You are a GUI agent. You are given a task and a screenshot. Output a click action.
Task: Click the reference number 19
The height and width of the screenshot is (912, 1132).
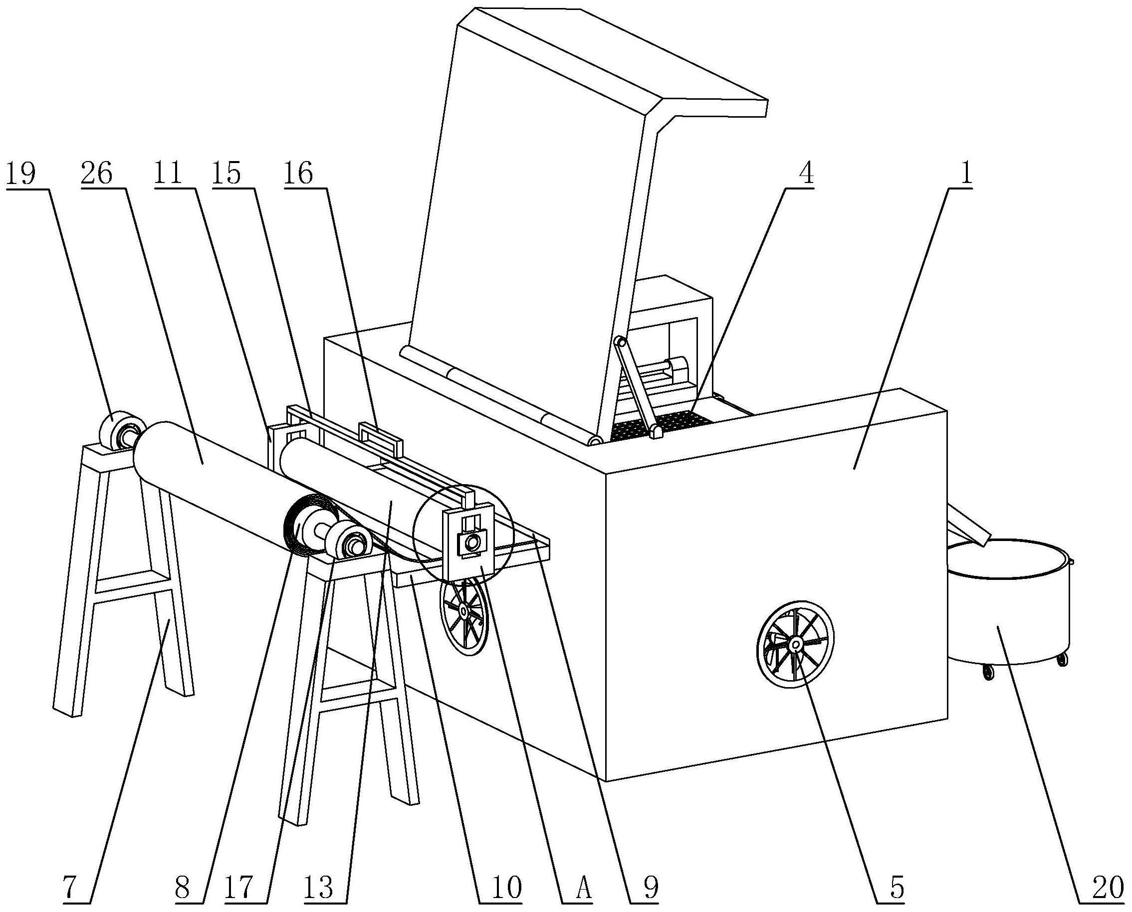[20, 174]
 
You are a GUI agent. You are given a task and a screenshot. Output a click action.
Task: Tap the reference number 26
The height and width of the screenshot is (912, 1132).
[97, 174]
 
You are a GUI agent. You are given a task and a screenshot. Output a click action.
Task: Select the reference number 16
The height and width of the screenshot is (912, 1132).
[298, 174]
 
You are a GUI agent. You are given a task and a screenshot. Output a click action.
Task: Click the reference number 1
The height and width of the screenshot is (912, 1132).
[965, 174]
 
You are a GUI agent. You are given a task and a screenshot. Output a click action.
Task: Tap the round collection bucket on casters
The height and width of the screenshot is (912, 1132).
[1009, 604]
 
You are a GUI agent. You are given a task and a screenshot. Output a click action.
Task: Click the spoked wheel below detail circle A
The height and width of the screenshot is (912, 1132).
[464, 612]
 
